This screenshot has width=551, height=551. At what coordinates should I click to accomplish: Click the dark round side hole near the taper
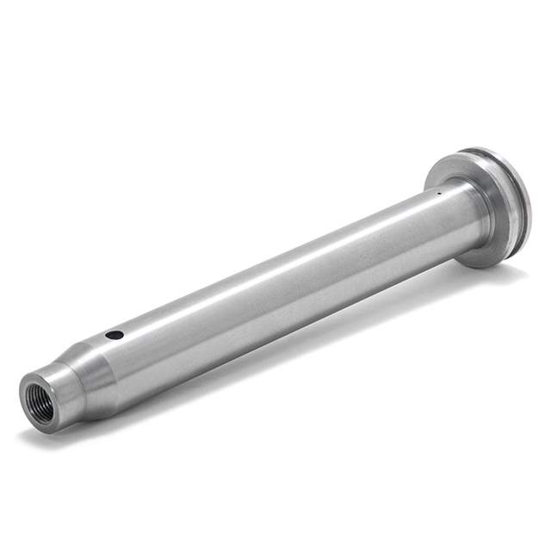pyautogui.click(x=114, y=333)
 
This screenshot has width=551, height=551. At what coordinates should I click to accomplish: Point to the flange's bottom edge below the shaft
pyautogui.click(x=491, y=258)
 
